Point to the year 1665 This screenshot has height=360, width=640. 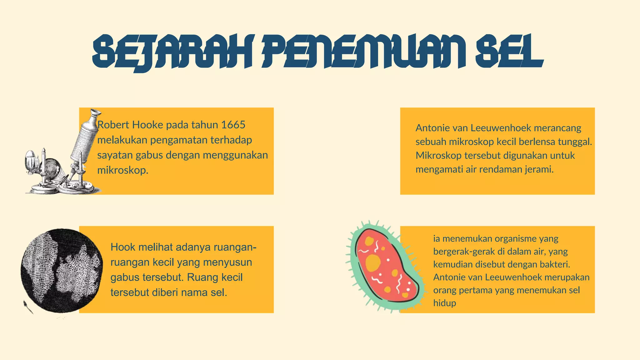point(233,125)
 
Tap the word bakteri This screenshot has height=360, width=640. point(555,264)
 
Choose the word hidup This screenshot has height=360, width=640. point(444,303)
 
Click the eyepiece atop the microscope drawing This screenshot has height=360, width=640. point(95,113)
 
